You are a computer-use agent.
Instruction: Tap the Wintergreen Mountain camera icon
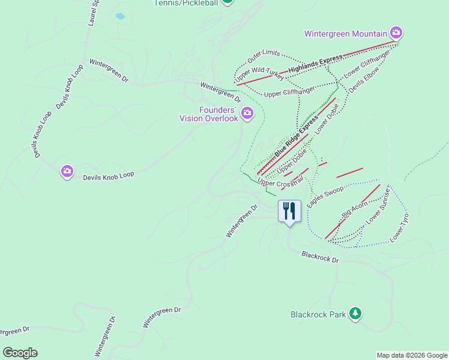(396, 32)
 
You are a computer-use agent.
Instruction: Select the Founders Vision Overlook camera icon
(247, 113)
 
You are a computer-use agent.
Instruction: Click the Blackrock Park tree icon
(356, 314)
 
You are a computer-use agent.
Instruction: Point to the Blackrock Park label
(318, 314)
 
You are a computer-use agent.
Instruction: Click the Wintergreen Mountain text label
(345, 33)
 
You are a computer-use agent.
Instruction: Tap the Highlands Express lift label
(315, 64)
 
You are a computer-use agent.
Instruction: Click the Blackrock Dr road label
(321, 257)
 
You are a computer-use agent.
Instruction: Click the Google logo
(20, 353)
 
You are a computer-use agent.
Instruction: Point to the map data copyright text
(412, 355)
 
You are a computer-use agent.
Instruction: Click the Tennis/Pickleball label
(187, 2)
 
